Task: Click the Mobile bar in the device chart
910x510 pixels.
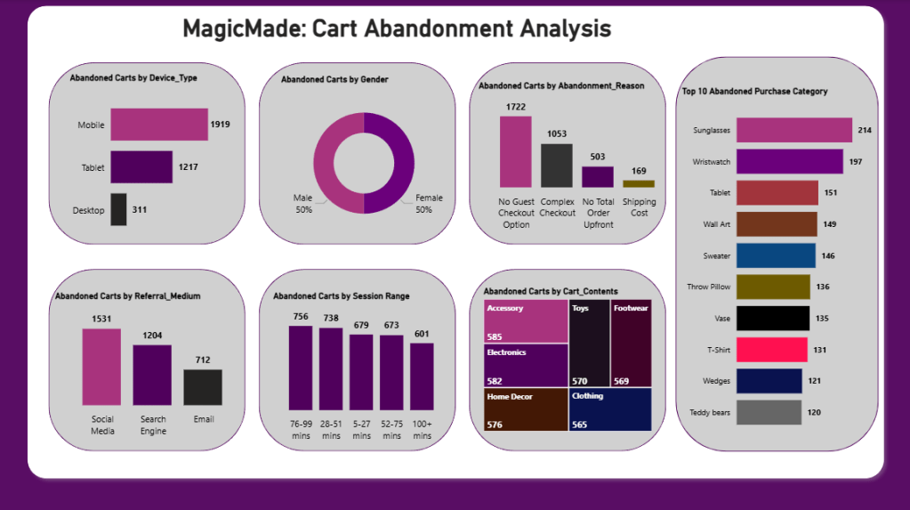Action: pos(158,125)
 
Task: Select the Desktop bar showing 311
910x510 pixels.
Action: pos(118,210)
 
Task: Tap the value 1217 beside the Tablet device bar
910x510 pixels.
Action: pos(189,167)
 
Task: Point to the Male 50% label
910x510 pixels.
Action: pos(303,203)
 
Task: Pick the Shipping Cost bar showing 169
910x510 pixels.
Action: pos(638,183)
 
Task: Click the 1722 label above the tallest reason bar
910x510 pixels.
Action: pos(516,107)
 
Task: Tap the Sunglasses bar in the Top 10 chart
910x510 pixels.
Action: pos(793,130)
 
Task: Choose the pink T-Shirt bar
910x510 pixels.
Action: pos(771,350)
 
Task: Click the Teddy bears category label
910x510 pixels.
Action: pos(710,412)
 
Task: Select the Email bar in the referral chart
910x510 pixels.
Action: pos(203,388)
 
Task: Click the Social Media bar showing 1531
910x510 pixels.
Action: pos(101,367)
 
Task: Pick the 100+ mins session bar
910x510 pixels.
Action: pos(422,376)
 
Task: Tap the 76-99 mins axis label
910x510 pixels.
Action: pos(301,429)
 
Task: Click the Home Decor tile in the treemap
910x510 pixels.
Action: pos(526,409)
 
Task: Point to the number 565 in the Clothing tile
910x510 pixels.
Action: pos(580,425)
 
